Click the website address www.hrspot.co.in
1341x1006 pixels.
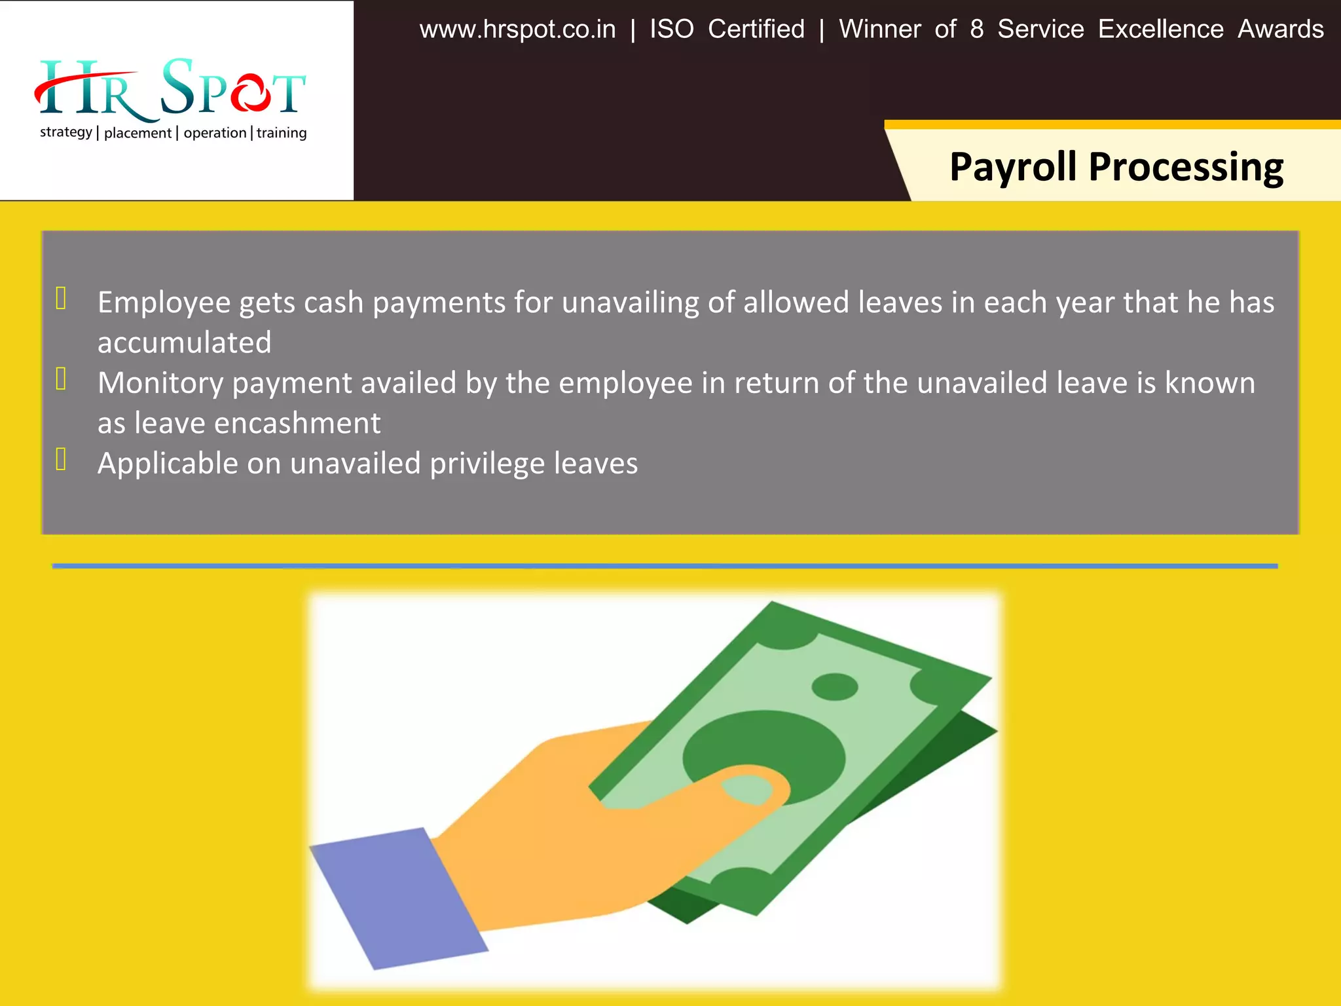coord(517,29)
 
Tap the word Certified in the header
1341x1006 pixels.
coord(756,29)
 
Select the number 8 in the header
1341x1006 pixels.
coord(976,29)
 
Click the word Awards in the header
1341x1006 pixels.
coord(1280,29)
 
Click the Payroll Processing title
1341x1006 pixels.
coord(1116,167)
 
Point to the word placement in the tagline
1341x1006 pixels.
coord(138,133)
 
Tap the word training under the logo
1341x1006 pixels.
coord(282,133)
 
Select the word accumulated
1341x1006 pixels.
coord(184,343)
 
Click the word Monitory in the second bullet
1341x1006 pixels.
coord(160,384)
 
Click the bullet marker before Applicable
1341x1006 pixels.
coord(61,459)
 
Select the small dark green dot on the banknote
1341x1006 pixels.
coord(834,687)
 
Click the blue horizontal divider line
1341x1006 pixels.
coord(665,566)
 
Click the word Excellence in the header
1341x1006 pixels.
coord(1160,29)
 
